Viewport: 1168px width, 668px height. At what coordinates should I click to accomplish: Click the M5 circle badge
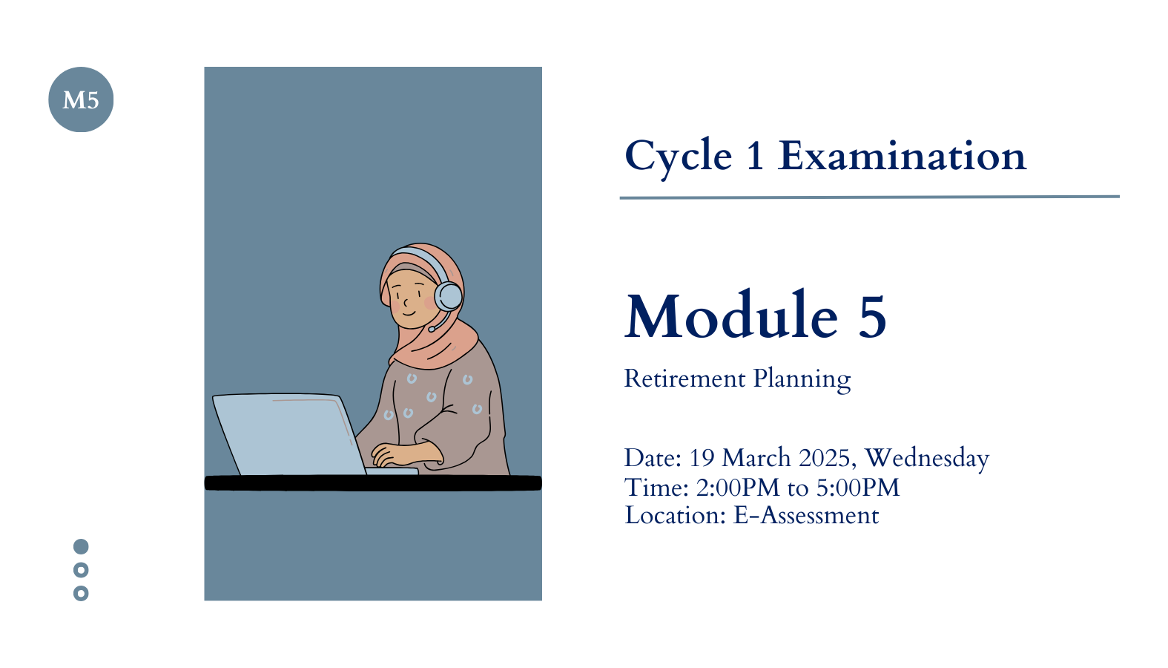point(81,99)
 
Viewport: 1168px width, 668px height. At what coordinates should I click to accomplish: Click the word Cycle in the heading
point(679,157)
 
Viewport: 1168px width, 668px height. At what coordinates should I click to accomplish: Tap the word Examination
point(902,156)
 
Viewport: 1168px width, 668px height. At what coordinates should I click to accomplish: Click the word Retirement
point(684,379)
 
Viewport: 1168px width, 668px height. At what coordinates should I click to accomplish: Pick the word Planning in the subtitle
point(802,379)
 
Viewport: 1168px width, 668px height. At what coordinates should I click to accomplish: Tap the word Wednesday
point(927,459)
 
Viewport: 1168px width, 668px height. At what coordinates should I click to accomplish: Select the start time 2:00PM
point(738,488)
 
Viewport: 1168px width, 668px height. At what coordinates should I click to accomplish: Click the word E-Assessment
point(806,516)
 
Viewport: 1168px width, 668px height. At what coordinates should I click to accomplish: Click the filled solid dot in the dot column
point(81,546)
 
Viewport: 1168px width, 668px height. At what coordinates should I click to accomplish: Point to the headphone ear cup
point(449,296)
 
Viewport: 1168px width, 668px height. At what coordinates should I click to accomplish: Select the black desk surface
point(373,482)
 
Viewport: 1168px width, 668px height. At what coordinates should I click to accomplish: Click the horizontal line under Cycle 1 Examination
point(869,197)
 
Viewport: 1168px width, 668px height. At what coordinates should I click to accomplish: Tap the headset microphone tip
point(431,330)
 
